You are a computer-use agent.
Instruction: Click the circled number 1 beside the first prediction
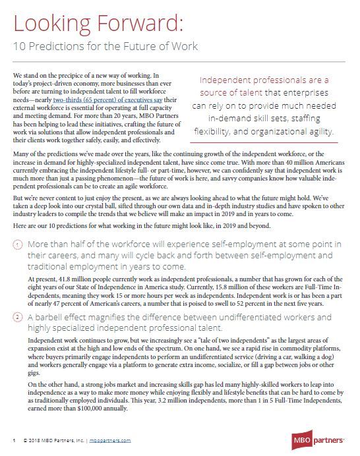click(18, 245)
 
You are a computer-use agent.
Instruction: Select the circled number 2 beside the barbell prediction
click(18, 318)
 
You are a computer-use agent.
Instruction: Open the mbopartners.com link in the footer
click(110, 440)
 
